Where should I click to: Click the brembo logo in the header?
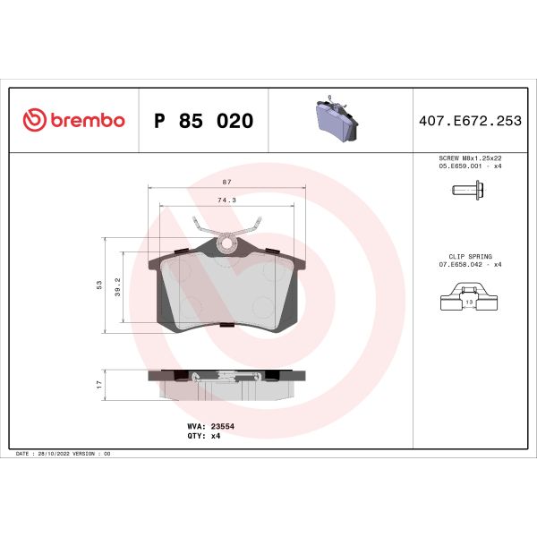[x=73, y=121]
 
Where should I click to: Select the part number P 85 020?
[x=204, y=121]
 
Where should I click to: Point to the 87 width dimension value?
[x=226, y=182]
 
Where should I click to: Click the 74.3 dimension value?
[x=226, y=200]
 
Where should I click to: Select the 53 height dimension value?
[x=100, y=285]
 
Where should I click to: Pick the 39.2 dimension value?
[x=118, y=286]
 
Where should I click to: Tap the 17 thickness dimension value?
[x=100, y=383]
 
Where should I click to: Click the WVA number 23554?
[x=223, y=427]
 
